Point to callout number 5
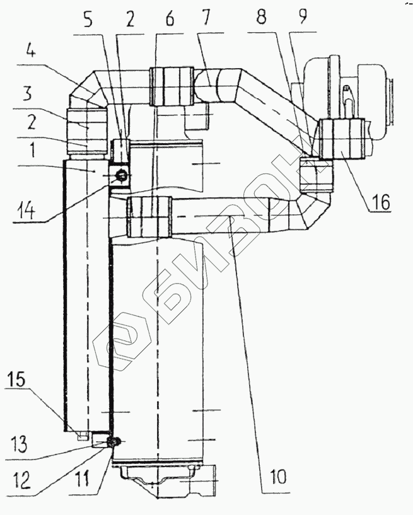88,20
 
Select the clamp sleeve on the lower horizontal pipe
149,217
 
